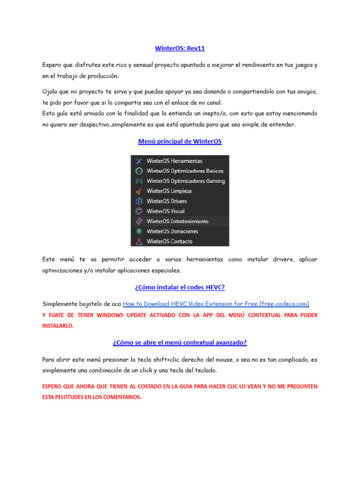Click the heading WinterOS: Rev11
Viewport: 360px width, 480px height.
click(x=180, y=48)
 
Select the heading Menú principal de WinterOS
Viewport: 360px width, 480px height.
click(x=180, y=142)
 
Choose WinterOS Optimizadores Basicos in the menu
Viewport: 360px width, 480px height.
click(x=185, y=171)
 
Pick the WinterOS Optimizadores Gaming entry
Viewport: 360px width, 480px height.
click(x=186, y=181)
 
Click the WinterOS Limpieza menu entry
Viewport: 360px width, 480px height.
click(x=169, y=191)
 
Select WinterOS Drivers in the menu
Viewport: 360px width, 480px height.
click(x=166, y=201)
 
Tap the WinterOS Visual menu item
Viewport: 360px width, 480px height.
click(x=165, y=211)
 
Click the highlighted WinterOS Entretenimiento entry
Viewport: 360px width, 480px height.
click(x=177, y=221)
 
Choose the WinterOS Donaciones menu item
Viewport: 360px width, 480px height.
click(x=172, y=232)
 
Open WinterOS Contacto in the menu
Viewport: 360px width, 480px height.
click(x=169, y=241)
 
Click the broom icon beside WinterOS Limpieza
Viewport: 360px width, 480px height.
click(x=139, y=191)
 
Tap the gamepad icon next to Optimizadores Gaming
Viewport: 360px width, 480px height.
click(x=139, y=181)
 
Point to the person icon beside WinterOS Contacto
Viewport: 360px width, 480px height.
click(x=139, y=241)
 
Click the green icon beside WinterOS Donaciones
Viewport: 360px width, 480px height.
click(x=139, y=232)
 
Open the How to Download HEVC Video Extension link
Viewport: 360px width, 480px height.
click(x=216, y=304)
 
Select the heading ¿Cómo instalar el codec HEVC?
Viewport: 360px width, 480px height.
click(x=180, y=287)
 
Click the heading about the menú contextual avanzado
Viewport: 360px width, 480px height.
click(x=180, y=343)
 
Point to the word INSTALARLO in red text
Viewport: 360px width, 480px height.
click(x=58, y=326)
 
